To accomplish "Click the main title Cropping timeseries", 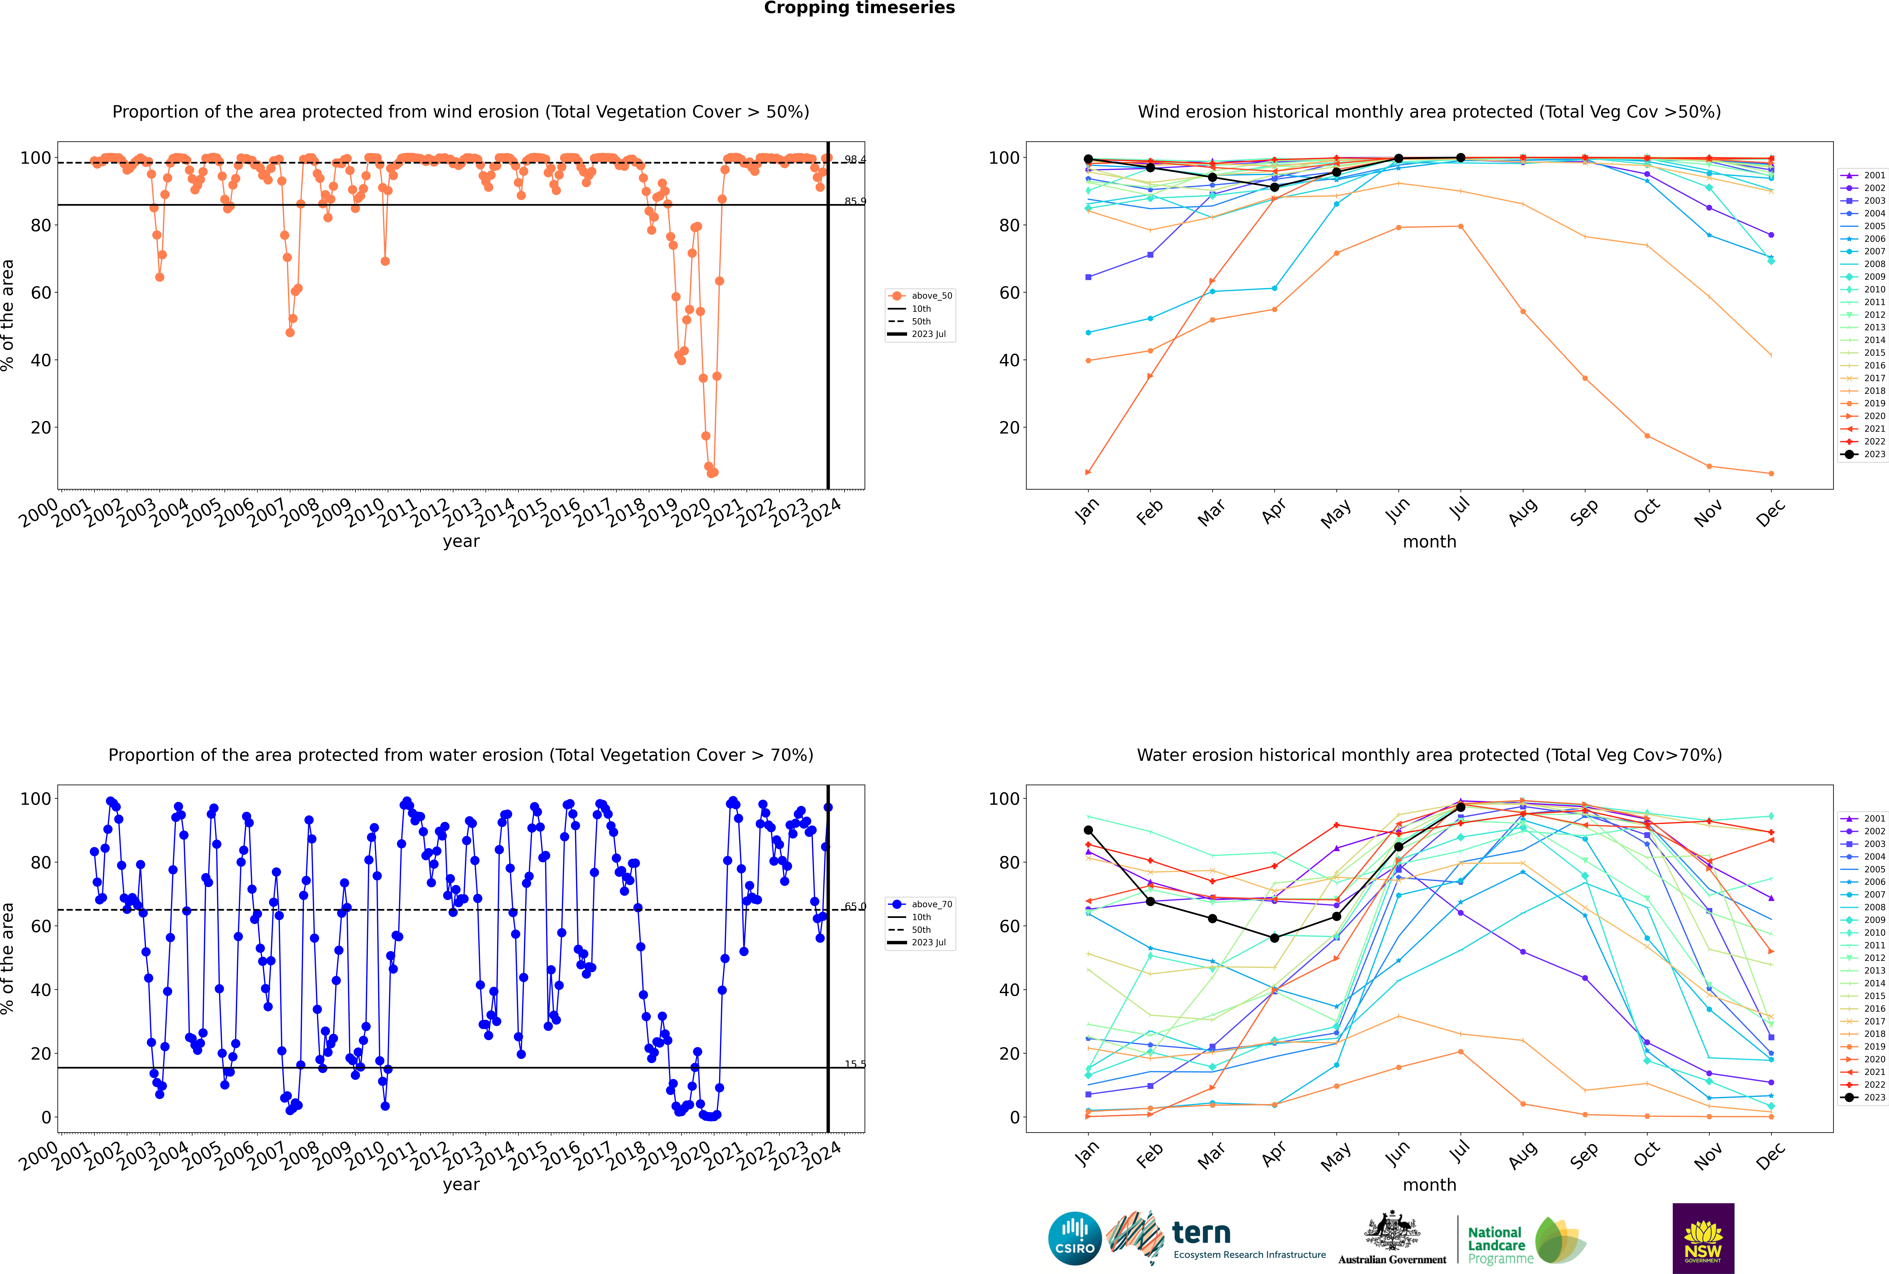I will [x=859, y=8].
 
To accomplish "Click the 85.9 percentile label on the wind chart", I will [x=854, y=201].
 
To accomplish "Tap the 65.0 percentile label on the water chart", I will [x=854, y=906].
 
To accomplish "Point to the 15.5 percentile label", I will [x=854, y=1064].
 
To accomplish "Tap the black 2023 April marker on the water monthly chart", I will [x=1274, y=938].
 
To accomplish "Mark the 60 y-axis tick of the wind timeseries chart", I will [x=41, y=293].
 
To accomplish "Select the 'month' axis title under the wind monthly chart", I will [x=1429, y=542].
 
